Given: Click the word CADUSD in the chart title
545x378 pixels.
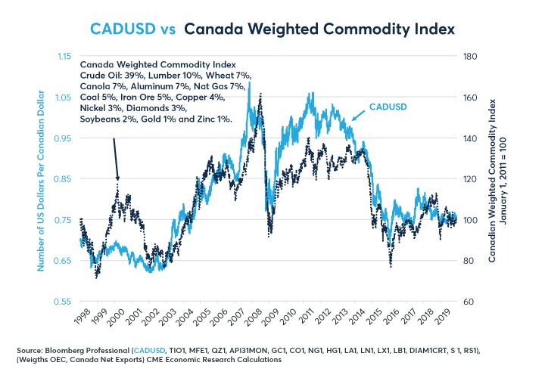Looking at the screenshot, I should tap(118, 29).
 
